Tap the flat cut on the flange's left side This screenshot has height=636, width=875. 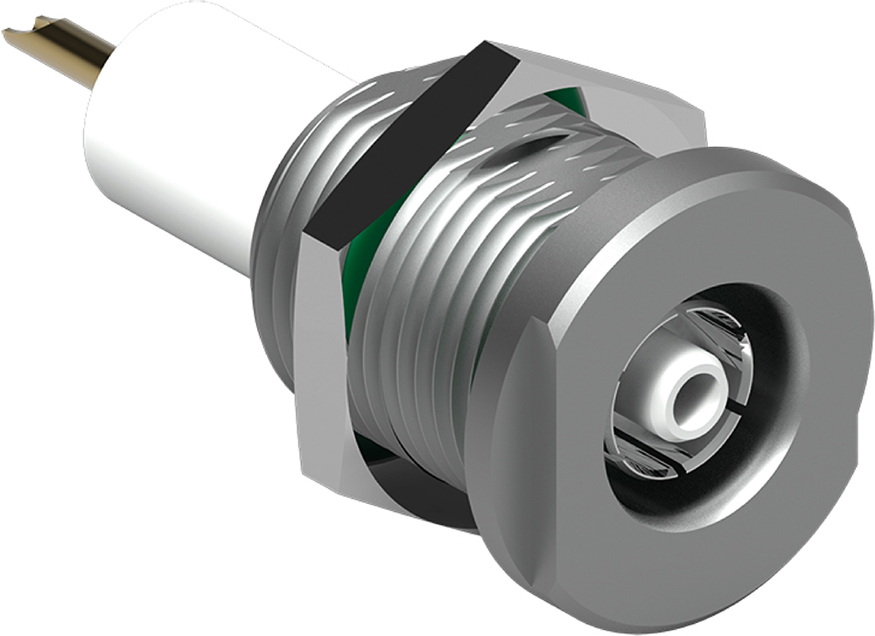(516, 420)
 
